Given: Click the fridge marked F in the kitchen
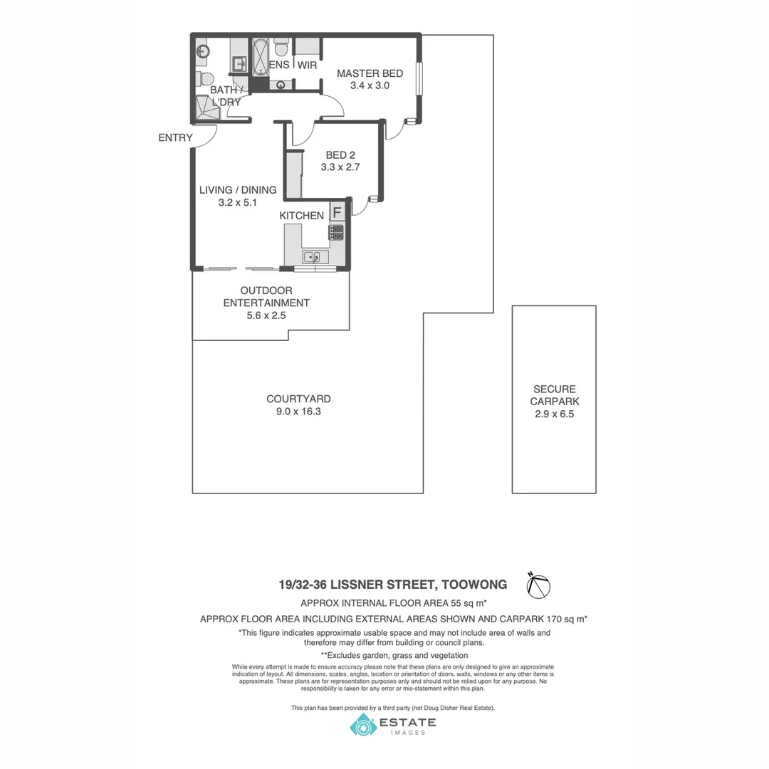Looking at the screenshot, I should pyautogui.click(x=338, y=212).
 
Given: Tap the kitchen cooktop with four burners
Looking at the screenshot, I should pyautogui.click(x=337, y=232).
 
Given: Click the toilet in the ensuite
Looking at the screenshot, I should pyautogui.click(x=281, y=48).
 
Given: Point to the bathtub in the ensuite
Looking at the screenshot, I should pyautogui.click(x=260, y=56).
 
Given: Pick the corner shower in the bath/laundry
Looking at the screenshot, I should pyautogui.click(x=204, y=108).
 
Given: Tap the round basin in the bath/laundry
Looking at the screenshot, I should pyautogui.click(x=202, y=51).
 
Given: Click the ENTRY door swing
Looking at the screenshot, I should pyautogui.click(x=205, y=137).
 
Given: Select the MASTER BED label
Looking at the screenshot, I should pyautogui.click(x=370, y=73).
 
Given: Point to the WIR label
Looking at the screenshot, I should pyautogui.click(x=307, y=66).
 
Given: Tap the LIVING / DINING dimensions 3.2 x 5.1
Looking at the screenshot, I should pyautogui.click(x=237, y=202).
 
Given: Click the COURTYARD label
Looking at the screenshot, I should pyautogui.click(x=298, y=399).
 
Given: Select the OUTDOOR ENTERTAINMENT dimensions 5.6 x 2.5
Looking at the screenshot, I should pyautogui.click(x=266, y=315).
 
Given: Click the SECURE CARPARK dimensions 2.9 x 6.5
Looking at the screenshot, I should pyautogui.click(x=554, y=414).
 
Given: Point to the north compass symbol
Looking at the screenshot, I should pyautogui.click(x=538, y=585).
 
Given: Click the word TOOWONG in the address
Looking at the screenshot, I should pyautogui.click(x=474, y=585).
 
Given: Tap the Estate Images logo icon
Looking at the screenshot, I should pyautogui.click(x=362, y=726).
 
